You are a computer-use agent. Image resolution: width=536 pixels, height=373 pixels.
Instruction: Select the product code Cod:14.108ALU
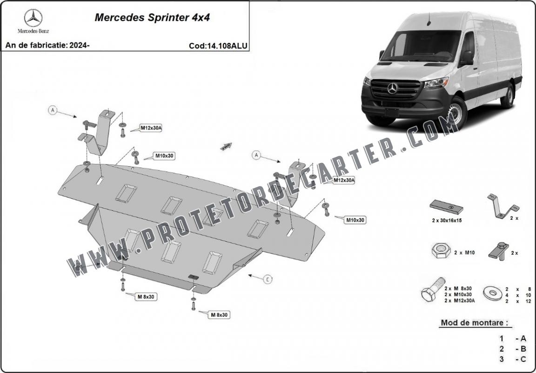[x=218, y=46]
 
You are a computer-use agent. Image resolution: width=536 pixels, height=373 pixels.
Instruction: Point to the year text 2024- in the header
[x=79, y=46]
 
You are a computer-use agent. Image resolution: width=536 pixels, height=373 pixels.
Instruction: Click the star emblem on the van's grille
[x=392, y=88]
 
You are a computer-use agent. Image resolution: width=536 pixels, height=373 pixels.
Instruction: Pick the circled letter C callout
[x=268, y=279]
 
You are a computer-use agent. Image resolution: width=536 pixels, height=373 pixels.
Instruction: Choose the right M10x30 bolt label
[x=355, y=220]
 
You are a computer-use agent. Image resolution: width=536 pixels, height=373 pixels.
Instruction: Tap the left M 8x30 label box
[x=146, y=296]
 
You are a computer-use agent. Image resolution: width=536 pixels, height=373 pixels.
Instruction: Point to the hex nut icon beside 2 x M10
[x=439, y=252]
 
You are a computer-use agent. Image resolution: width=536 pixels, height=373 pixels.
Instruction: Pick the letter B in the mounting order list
[x=523, y=349]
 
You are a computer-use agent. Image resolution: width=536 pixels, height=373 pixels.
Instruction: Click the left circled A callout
[x=53, y=110]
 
